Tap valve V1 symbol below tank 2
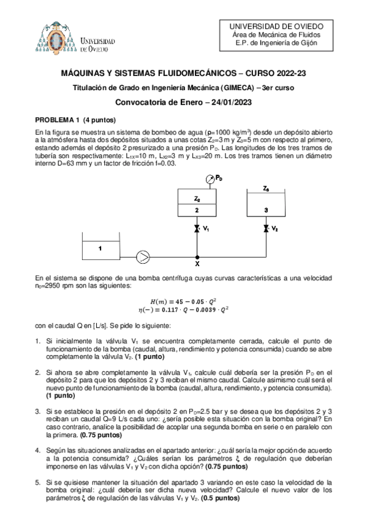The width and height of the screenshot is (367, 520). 196,229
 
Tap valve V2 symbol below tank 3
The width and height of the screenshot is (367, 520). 265,229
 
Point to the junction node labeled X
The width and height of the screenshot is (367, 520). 197,264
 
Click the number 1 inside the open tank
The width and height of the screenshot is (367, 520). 100,248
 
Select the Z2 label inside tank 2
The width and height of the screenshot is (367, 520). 197,199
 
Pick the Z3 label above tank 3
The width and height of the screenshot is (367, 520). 265,189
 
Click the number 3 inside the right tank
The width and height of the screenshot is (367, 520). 265,210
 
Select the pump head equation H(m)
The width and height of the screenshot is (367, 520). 183,300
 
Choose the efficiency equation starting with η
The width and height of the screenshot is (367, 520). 183,311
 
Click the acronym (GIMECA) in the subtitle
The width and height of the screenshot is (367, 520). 236,88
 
